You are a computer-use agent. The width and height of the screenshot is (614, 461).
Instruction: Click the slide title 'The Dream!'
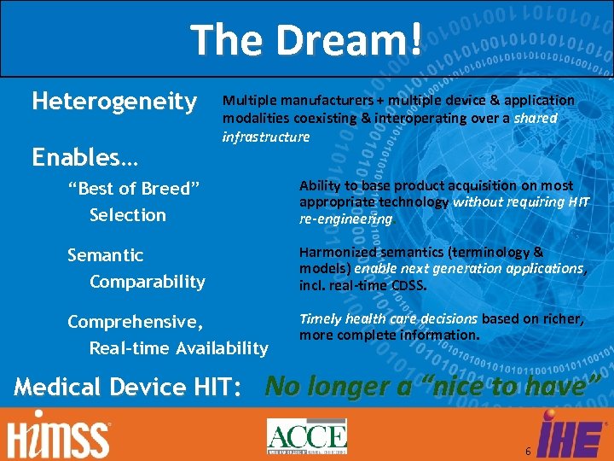tap(306, 40)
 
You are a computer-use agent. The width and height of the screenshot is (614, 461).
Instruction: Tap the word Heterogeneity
tap(113, 102)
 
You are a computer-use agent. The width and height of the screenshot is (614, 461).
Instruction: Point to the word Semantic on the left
tap(105, 255)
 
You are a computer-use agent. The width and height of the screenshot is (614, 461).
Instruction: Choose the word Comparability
tap(147, 281)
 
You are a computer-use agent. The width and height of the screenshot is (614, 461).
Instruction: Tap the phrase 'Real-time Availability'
tap(178, 347)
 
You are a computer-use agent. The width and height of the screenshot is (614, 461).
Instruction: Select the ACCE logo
tap(306, 435)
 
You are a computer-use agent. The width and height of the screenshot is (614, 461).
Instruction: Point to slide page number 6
tap(529, 450)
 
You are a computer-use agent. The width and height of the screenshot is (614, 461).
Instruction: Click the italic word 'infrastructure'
tap(266, 137)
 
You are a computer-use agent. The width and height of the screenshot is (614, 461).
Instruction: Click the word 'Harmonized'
tap(336, 252)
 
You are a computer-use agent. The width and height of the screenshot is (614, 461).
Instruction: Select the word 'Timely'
tap(320, 318)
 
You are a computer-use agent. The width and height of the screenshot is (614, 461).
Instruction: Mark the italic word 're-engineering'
tap(345, 219)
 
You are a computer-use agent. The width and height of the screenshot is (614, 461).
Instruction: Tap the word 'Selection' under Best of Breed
tap(128, 214)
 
